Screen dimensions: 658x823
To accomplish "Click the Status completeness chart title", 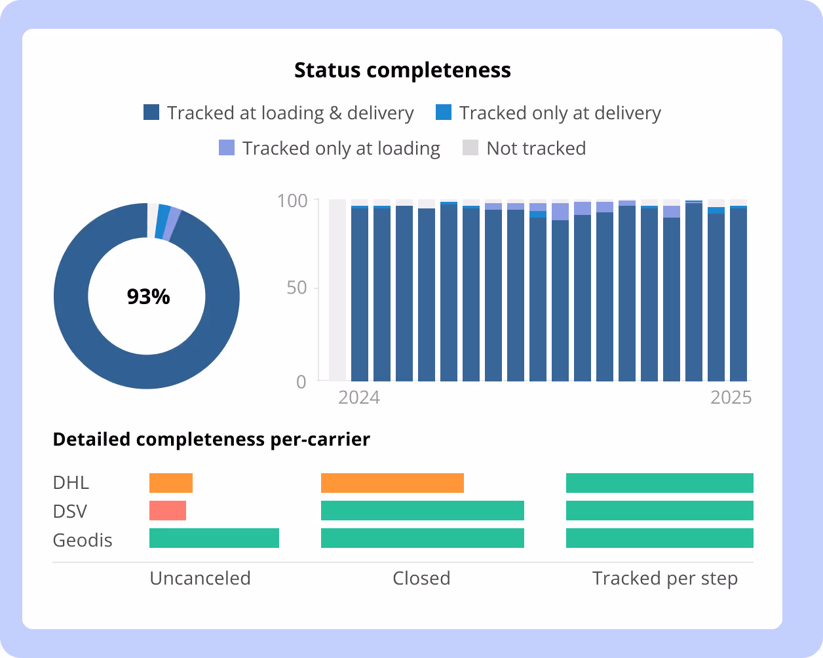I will pos(402,70).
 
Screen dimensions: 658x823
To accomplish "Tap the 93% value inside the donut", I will pos(148,297).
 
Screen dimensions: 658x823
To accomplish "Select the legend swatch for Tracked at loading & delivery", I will pos(151,113).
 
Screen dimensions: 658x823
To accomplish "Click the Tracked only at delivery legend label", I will pos(560,113).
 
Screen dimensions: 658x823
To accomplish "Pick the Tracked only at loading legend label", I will pos(341,148).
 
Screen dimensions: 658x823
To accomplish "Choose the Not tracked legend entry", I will pos(535,148).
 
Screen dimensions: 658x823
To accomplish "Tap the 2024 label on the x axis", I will pos(358,398).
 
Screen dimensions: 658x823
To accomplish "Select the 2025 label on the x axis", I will pos(731,398).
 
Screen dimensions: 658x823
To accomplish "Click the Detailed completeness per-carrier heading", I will pos(211,439).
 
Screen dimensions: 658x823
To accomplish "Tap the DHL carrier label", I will pos(71,483).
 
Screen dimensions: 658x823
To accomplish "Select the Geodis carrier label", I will pos(83,541).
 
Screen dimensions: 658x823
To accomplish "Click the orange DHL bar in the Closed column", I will pos(392,483).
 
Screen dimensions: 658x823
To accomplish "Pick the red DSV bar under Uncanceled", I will pos(168,511).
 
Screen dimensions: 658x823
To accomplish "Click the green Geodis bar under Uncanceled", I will pos(214,538).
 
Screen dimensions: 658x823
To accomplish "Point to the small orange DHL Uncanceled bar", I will pos(171,483).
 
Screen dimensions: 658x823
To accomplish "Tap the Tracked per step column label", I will pos(664,579).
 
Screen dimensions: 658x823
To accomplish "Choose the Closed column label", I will pos(421,579).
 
